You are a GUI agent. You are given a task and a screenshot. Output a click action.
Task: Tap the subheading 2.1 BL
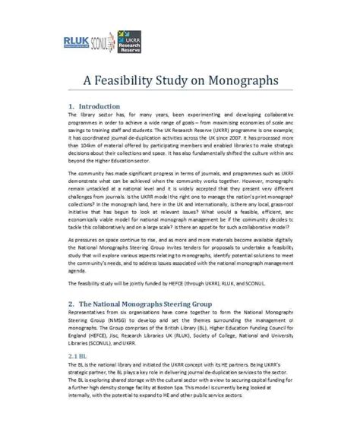pyautogui.click(x=78, y=355)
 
